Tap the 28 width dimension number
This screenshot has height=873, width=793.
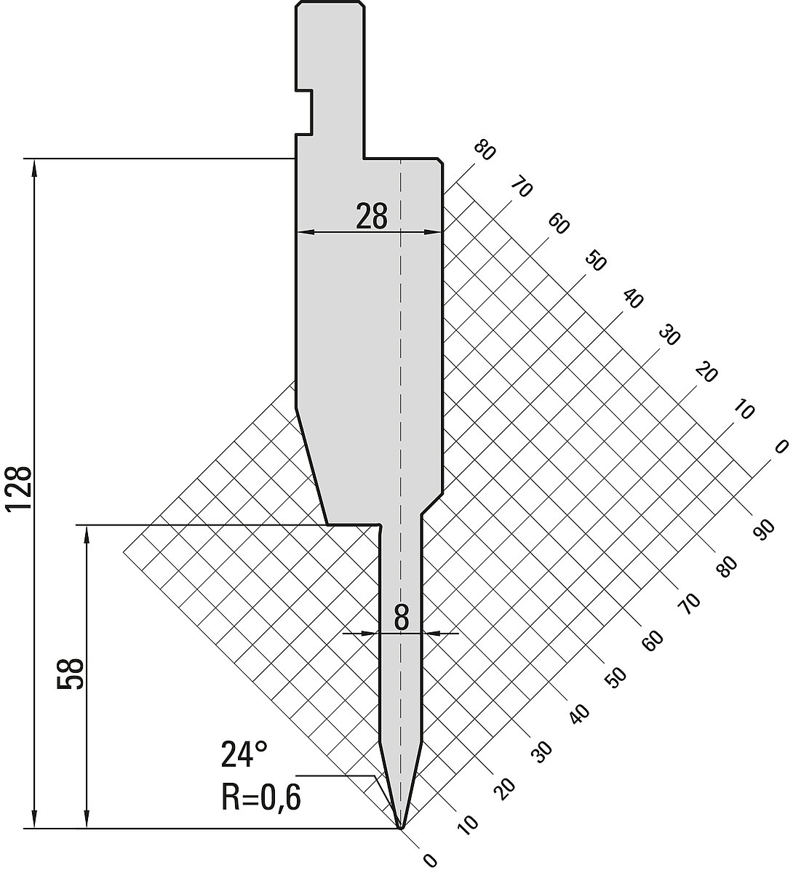371,217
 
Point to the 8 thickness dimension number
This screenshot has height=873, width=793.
402,618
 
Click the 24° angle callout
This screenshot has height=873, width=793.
244,755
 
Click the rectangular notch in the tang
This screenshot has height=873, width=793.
305,113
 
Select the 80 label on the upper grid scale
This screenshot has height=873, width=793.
485,151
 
